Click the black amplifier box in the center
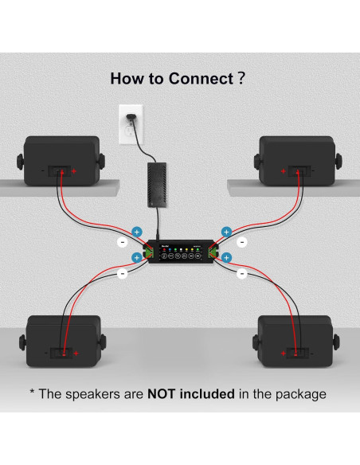pos(180,252)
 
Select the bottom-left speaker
pos(62,342)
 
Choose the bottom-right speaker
pos(297,342)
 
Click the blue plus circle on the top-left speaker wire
pos(136,231)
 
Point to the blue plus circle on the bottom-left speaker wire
pos(136,258)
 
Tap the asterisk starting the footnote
pos(33,393)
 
